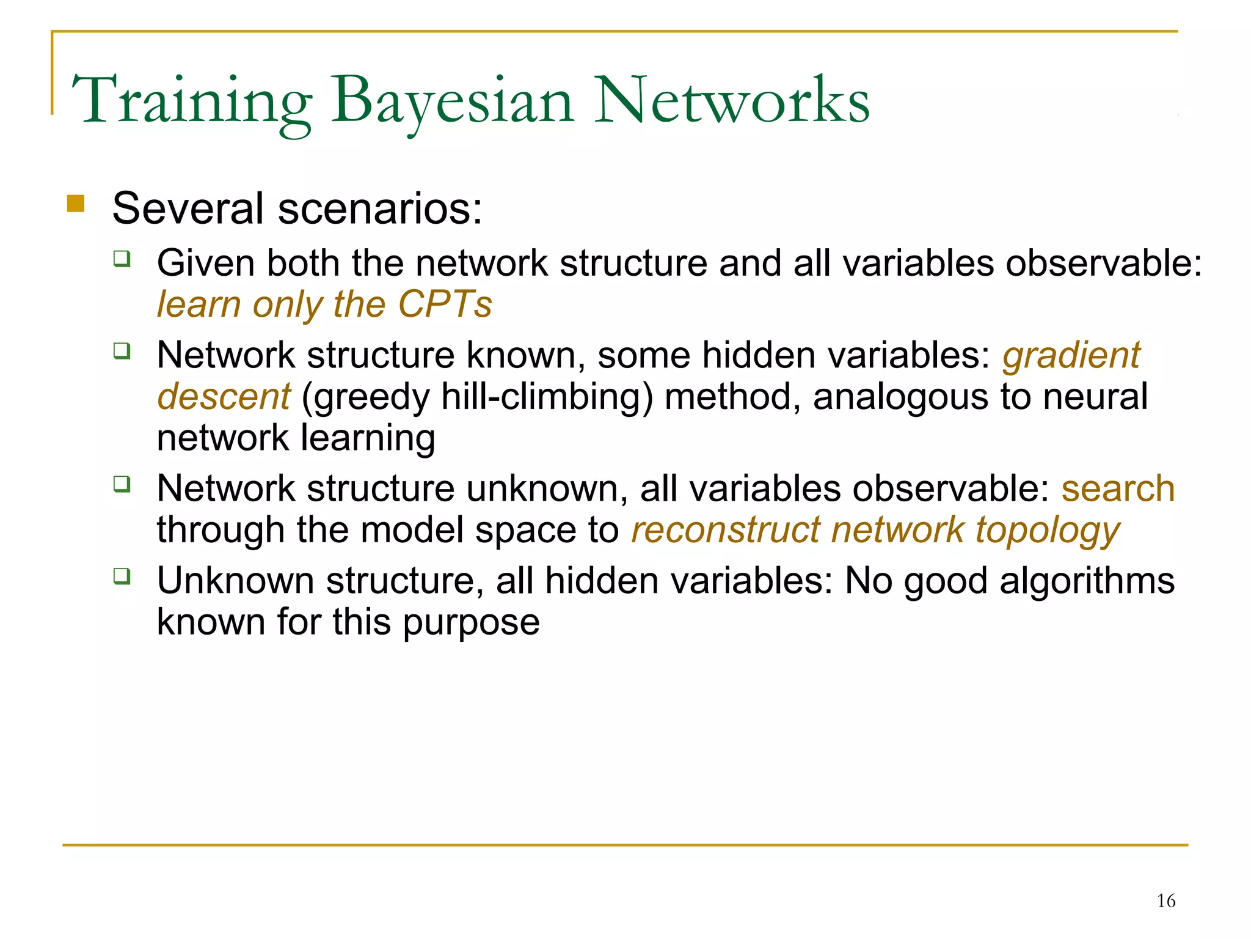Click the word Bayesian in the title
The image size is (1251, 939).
click(452, 101)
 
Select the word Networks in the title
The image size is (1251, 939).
click(731, 101)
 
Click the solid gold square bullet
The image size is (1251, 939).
click(76, 204)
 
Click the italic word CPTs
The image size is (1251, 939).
click(445, 304)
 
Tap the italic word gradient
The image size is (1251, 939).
click(1071, 355)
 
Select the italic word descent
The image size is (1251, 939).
click(224, 397)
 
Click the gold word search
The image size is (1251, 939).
click(1118, 488)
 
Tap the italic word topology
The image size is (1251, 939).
click(1048, 530)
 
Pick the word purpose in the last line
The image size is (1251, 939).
click(471, 622)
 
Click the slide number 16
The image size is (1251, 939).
click(1165, 900)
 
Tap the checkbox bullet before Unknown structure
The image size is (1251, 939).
click(122, 575)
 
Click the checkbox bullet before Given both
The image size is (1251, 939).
click(122, 259)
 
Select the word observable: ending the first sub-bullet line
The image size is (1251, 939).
click(1104, 263)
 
